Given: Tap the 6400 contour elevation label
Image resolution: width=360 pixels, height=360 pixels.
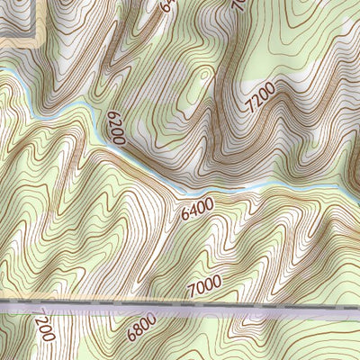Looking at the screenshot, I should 197,211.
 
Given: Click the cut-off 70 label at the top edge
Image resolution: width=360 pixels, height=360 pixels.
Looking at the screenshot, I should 238,4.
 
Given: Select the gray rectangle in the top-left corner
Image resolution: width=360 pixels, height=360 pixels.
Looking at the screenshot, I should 16,18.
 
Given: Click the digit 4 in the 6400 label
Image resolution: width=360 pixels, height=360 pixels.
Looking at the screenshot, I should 193,211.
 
